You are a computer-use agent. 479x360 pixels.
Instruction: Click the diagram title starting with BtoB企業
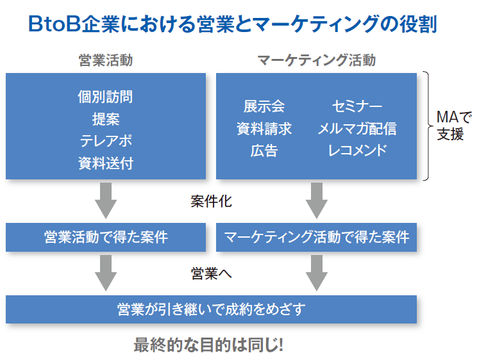233,24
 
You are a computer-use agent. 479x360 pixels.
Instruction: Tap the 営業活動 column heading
106,60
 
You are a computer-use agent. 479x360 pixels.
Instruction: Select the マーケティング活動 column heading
317,60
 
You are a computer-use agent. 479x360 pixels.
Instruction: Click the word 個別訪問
105,97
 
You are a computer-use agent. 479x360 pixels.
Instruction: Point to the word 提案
106,119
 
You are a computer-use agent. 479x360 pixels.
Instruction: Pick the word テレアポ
106,141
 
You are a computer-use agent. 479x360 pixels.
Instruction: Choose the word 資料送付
106,163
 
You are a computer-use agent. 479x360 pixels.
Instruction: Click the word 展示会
264,106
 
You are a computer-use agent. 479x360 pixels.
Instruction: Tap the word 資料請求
264,129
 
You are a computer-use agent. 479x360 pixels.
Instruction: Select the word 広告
264,151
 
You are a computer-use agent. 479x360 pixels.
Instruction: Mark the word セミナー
357,106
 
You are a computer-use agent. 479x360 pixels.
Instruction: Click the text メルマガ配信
357,129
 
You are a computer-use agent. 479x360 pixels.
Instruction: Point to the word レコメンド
357,151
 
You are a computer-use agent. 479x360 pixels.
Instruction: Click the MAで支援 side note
454,126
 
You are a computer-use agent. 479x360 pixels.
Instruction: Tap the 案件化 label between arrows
211,201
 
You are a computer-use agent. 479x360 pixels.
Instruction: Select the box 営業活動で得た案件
106,238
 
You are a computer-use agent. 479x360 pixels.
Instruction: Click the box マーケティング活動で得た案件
317,238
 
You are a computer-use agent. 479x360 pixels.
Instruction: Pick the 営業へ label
211,274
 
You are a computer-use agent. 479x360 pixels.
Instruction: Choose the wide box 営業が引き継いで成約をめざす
211,309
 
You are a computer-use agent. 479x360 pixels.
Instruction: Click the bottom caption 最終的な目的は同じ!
208,345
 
